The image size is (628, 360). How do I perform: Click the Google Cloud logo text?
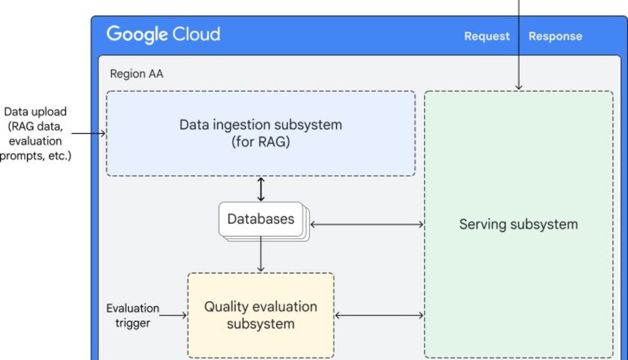(x=163, y=35)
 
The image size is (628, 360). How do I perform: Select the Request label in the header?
(x=487, y=36)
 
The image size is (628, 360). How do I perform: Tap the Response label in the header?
(x=555, y=36)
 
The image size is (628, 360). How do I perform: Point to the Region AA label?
(x=136, y=74)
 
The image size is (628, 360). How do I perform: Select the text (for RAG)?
(x=260, y=142)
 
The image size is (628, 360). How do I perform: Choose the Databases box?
(x=260, y=219)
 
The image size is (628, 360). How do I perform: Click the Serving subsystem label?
(x=518, y=224)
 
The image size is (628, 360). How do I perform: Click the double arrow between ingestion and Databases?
(x=261, y=189)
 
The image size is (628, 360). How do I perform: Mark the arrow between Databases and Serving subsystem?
(x=367, y=224)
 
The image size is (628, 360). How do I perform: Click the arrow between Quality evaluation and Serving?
(x=379, y=315)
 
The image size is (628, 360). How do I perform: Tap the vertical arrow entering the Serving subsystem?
(x=519, y=49)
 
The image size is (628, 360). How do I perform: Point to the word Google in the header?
(x=137, y=35)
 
